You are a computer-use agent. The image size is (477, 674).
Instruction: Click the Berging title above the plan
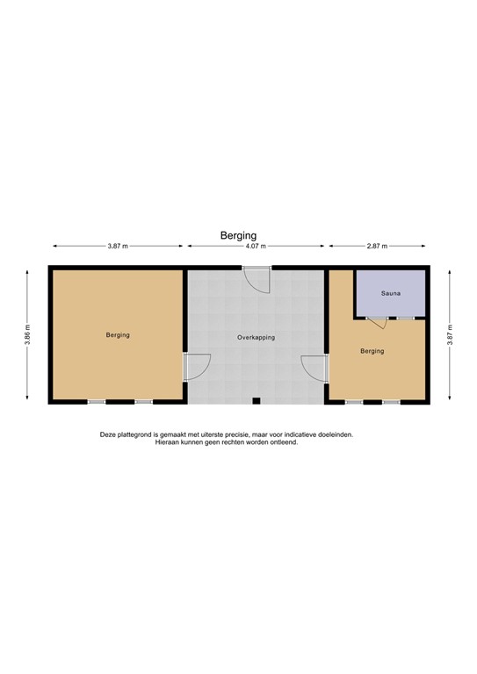(238, 235)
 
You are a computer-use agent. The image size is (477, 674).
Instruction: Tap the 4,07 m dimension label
(256, 247)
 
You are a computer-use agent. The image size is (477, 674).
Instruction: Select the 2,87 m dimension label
(378, 247)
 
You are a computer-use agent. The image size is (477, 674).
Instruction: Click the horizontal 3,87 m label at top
(119, 247)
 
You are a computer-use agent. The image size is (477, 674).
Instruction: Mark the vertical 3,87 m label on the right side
(450, 335)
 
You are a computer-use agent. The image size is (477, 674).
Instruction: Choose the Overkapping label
(256, 337)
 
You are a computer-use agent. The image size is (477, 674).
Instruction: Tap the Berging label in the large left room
(118, 335)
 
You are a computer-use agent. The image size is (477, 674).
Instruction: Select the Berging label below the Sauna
(372, 351)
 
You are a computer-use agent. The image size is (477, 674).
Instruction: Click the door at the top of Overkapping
(257, 278)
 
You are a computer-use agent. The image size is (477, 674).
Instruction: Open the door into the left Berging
(198, 366)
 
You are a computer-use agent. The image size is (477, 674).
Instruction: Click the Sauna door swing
(377, 322)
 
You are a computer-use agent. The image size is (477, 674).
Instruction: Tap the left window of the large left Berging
(97, 402)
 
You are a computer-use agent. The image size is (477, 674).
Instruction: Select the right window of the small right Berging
(391, 402)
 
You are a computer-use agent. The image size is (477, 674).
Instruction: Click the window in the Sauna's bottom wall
(405, 318)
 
